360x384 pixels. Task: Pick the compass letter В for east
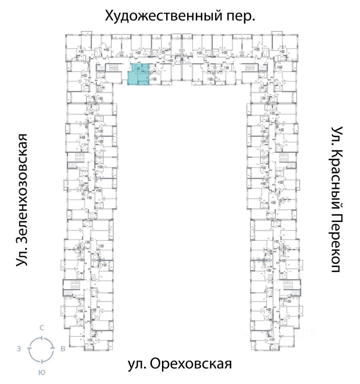click(x=63, y=349)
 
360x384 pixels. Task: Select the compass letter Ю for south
click(x=41, y=372)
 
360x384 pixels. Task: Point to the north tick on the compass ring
click(x=41, y=337)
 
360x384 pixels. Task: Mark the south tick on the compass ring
click(x=41, y=361)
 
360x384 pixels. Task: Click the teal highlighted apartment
click(x=137, y=74)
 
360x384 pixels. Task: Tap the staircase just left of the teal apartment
click(x=114, y=68)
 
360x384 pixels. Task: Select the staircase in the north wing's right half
click(x=249, y=68)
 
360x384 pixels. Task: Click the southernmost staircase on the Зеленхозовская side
click(x=74, y=284)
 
